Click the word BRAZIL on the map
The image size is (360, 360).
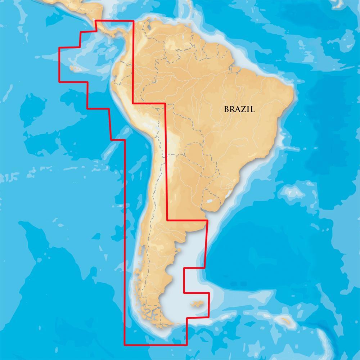239,109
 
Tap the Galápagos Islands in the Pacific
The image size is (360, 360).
74,67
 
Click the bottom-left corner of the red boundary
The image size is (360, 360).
125,345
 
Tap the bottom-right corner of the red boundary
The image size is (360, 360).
187,345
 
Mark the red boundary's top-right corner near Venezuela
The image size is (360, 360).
133,21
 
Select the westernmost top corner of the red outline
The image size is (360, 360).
59,48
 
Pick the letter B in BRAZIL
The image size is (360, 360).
226,109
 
